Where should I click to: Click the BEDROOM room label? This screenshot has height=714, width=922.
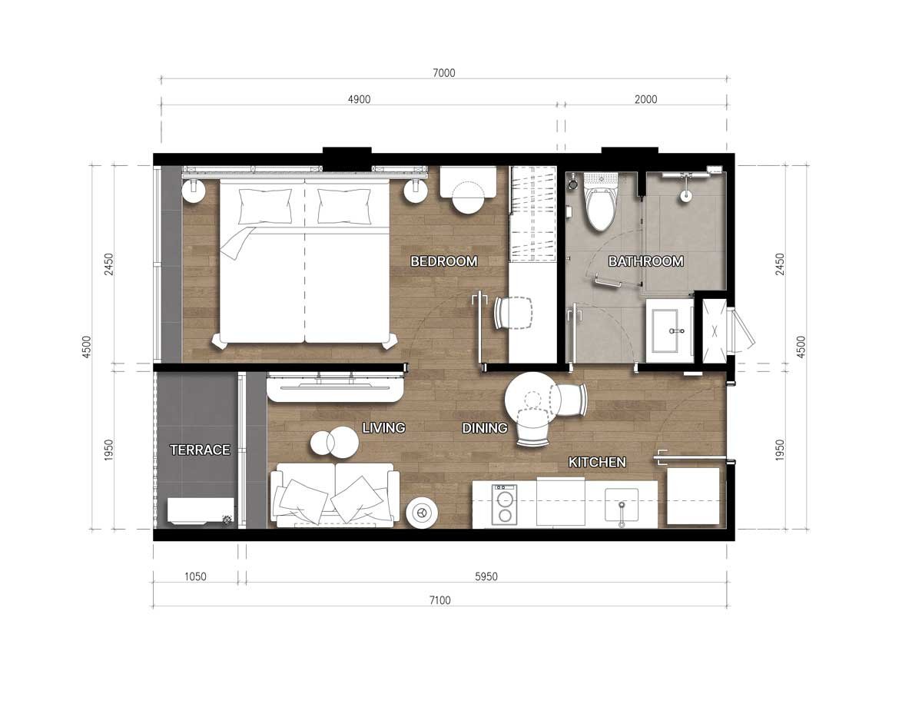pyautogui.click(x=444, y=261)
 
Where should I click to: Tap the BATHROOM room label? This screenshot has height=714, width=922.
pyautogui.click(x=645, y=261)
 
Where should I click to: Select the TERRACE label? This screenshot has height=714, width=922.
pyautogui.click(x=200, y=450)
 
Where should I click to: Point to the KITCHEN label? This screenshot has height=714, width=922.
pyautogui.click(x=597, y=462)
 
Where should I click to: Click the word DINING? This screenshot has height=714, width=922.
pyautogui.click(x=485, y=428)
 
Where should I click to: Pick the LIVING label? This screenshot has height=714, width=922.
pyautogui.click(x=383, y=427)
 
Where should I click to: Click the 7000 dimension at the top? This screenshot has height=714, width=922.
pyautogui.click(x=444, y=73)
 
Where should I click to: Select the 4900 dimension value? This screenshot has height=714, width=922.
pyautogui.click(x=359, y=99)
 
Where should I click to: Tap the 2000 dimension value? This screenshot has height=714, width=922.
pyautogui.click(x=645, y=99)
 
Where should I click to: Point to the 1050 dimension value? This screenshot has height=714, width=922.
pyautogui.click(x=195, y=576)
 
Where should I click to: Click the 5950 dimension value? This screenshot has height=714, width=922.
pyautogui.click(x=486, y=576)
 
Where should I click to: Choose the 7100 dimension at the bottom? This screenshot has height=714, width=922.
pyautogui.click(x=440, y=600)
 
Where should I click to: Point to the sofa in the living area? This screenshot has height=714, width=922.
pyautogui.click(x=335, y=495)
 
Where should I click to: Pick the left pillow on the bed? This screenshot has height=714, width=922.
pyautogui.click(x=265, y=207)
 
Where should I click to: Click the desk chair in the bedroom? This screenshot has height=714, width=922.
pyautogui.click(x=513, y=313)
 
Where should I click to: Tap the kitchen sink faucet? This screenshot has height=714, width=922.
pyautogui.click(x=622, y=515)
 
